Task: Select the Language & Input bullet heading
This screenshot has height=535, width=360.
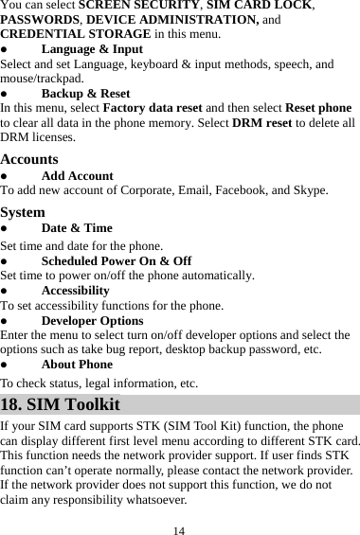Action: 92,49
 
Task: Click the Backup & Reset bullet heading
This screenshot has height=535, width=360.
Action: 85,94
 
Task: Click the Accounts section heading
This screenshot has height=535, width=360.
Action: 29,159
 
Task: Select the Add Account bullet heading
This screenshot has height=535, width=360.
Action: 78,175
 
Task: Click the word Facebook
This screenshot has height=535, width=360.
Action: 256,190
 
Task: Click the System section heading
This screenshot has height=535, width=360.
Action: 23,211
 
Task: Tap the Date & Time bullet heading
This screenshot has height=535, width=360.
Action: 77,227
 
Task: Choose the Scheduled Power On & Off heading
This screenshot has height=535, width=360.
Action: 117,260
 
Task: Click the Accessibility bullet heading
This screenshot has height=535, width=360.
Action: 76,291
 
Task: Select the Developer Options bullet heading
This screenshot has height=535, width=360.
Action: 92,321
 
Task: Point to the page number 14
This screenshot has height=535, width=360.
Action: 179,528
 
